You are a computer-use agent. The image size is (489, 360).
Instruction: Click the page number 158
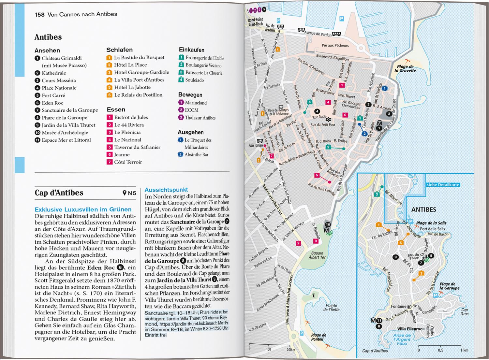click(39, 14)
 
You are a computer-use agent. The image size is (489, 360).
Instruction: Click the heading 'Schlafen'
click(119, 50)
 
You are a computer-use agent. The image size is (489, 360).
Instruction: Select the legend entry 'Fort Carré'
click(53, 95)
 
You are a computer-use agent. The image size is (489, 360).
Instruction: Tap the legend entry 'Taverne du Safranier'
click(137, 147)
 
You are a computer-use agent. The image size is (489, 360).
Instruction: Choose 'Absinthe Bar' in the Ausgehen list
click(196, 155)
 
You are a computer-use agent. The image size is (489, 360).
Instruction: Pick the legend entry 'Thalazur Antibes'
click(200, 118)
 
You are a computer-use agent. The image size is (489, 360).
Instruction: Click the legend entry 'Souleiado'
click(194, 80)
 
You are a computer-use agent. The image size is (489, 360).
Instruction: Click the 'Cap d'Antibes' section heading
click(59, 193)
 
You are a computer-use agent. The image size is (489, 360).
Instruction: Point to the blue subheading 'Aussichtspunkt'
click(166, 190)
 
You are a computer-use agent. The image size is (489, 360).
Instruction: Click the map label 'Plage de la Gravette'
click(405, 69)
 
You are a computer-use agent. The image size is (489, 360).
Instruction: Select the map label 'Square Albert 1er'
click(317, 255)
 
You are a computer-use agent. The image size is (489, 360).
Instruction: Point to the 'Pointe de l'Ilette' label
click(331, 308)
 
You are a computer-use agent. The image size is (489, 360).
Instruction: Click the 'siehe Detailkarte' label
click(443, 185)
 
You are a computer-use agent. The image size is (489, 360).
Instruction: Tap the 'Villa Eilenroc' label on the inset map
click(409, 329)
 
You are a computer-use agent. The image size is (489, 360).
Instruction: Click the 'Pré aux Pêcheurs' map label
click(335, 46)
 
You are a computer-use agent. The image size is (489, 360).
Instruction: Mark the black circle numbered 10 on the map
click(328, 224)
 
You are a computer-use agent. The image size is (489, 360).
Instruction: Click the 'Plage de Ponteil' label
click(318, 337)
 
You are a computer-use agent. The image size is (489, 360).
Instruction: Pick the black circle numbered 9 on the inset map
click(395, 257)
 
